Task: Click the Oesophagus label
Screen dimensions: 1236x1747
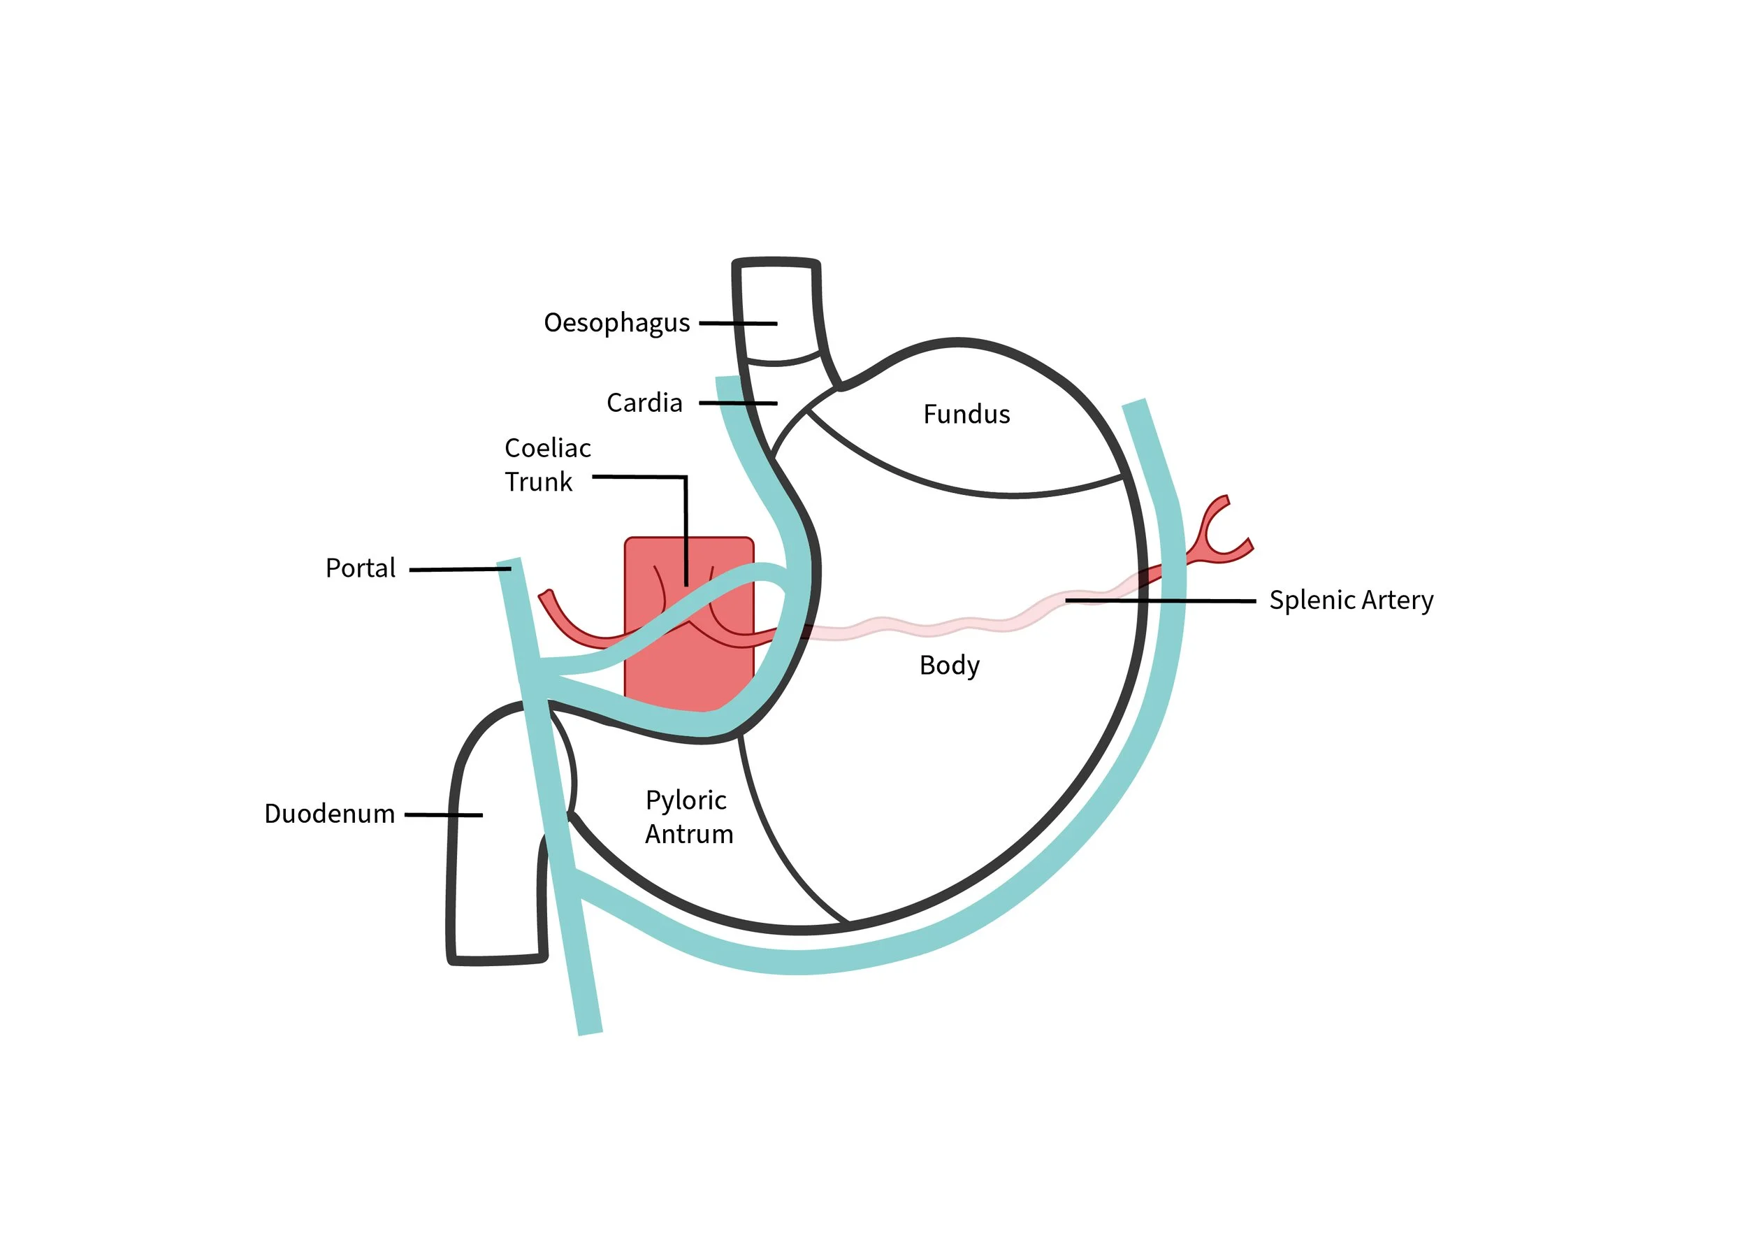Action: pos(616,324)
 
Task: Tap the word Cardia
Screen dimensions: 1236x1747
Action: pos(644,403)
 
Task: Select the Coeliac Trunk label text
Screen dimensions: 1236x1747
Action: pos(546,465)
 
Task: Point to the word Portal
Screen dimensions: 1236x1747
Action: pos(360,568)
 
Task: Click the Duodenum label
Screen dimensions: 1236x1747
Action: pos(328,814)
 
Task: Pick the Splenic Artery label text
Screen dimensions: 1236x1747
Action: pos(1351,601)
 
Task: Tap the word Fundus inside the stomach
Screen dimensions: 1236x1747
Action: pos(966,415)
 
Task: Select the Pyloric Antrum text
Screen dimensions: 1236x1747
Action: pos(688,817)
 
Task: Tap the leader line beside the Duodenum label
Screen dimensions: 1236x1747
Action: pos(443,815)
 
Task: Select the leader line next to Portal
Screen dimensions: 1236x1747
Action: pos(459,569)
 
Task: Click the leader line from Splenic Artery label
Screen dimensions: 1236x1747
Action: pos(1160,601)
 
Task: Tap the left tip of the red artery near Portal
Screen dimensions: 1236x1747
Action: pos(545,594)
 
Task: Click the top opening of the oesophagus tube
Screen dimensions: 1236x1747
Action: pos(776,263)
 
